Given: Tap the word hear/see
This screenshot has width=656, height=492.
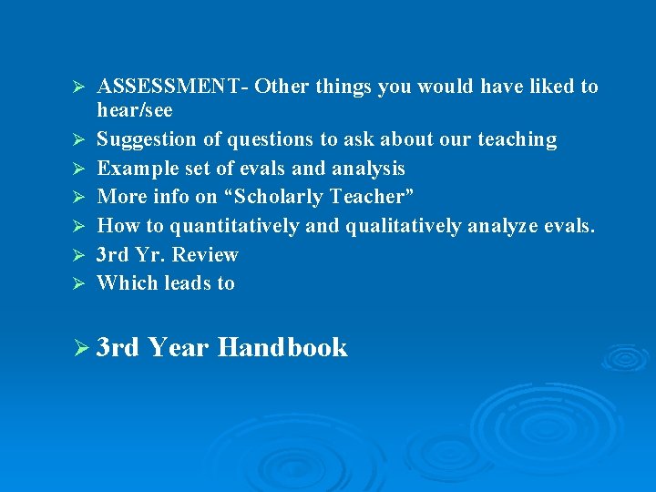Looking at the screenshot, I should point(135,110).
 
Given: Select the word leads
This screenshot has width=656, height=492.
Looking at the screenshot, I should point(188,282).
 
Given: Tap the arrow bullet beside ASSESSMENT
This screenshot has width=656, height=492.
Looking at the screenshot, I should point(78,87).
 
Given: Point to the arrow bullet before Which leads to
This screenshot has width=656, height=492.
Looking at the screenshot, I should point(78,283).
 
